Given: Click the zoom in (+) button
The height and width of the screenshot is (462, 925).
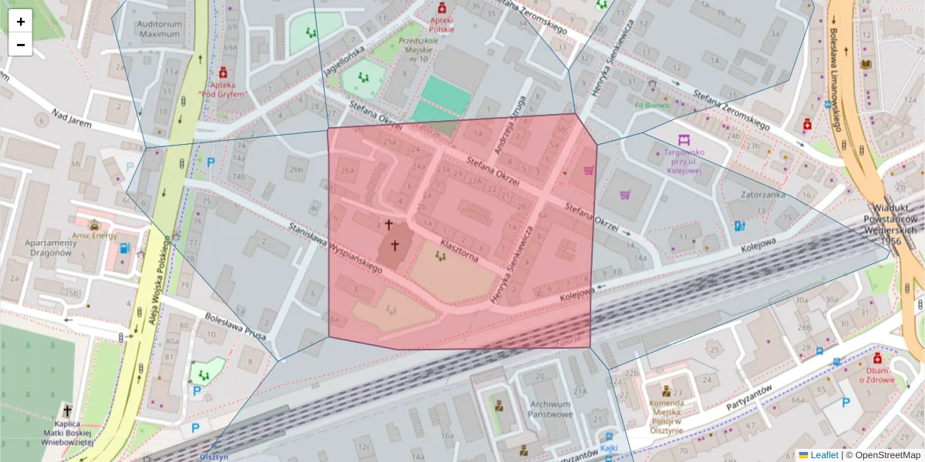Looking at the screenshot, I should pos(21,22).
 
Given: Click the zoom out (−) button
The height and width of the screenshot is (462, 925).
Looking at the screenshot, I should pos(21,45).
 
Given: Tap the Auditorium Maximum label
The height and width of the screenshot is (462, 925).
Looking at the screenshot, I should pos(160,29).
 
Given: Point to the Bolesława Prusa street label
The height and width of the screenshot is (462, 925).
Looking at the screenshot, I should pos(235,326).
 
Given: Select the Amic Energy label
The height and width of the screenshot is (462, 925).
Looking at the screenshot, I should pos(94,236).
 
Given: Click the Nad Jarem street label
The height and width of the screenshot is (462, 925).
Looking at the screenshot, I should pos(72,119).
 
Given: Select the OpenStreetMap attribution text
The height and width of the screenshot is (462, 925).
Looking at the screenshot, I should pos(883,455).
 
